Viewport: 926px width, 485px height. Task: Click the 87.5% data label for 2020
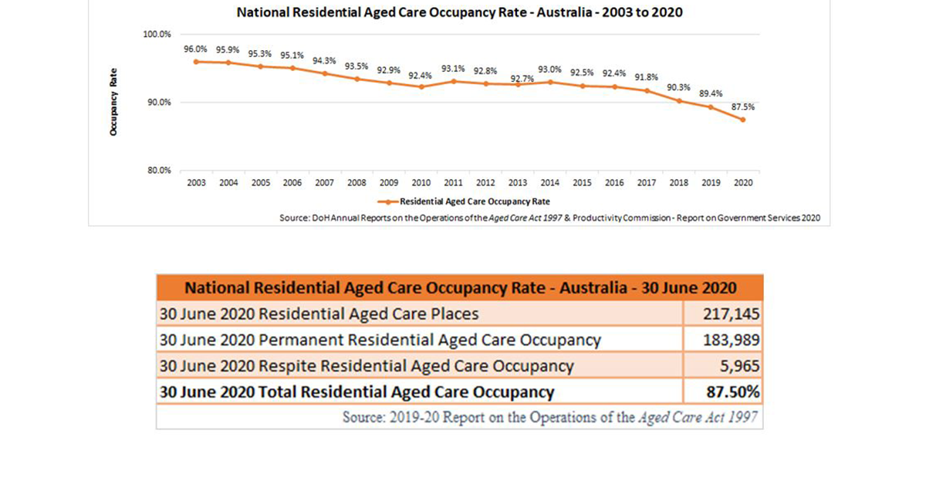tap(743, 107)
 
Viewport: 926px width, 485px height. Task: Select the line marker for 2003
tap(196, 61)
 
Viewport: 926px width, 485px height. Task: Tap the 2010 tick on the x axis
tap(421, 184)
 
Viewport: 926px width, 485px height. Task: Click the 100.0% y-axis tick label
tap(157, 35)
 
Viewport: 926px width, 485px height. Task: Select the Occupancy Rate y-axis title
tap(113, 103)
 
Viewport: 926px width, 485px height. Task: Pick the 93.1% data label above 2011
tap(454, 69)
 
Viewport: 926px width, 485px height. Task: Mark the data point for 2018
tap(679, 100)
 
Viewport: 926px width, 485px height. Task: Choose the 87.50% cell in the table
tap(734, 392)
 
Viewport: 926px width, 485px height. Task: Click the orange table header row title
tap(460, 288)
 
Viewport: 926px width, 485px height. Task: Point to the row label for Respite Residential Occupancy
tap(367, 366)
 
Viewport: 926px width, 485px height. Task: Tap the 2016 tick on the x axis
tap(614, 184)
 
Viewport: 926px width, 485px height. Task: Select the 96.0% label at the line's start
tap(196, 49)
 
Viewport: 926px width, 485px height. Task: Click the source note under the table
tap(550, 417)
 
